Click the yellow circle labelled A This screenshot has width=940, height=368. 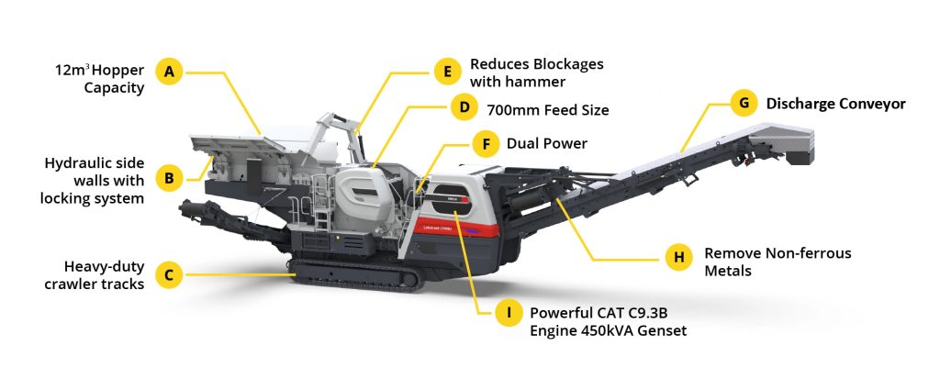pos(169,72)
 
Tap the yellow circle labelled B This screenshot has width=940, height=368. pos(169,178)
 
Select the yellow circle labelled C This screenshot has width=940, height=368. pos(169,275)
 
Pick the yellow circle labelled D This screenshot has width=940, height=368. pos(464,108)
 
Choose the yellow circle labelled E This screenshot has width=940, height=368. pos(447,72)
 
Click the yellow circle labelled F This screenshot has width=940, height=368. pos(486,144)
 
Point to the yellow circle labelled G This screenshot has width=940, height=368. pos(744,103)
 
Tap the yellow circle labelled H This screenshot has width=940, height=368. pos(678,258)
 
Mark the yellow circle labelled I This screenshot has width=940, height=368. pos(509,313)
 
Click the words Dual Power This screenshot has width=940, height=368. pos(547,144)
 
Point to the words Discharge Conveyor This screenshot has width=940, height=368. pos(835,104)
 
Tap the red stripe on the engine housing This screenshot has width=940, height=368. pos(455,227)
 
